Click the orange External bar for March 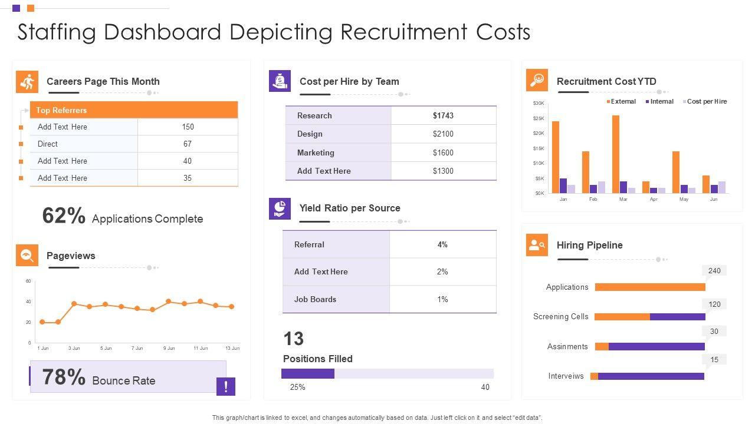pos(616,154)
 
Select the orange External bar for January pos(556,157)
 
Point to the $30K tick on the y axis pos(539,103)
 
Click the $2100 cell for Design pos(443,134)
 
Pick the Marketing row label pos(316,153)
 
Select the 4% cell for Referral pos(442,244)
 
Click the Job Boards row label pos(315,299)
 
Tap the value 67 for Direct pos(188,144)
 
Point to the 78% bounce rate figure pos(64,377)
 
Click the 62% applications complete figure pos(64,216)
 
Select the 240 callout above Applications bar pos(714,271)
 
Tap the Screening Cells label pos(560,316)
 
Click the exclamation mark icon pos(226,386)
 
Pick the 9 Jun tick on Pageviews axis pos(169,348)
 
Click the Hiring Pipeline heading pos(589,245)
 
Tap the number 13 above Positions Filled pos(294,339)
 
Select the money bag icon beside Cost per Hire pos(280,81)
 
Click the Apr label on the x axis pos(654,199)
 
